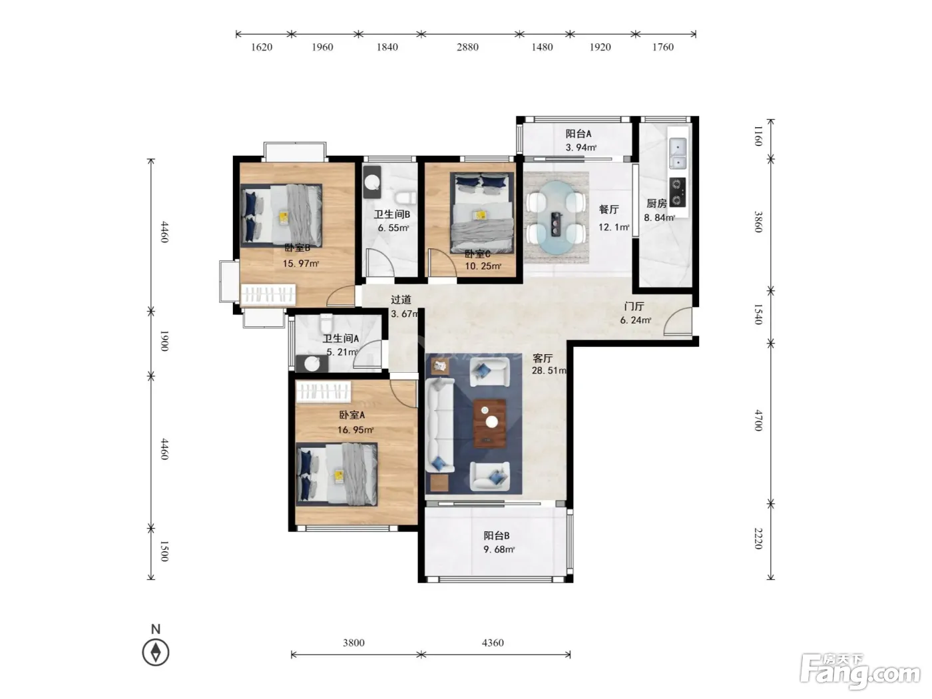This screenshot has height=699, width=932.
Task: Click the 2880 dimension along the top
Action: [467, 47]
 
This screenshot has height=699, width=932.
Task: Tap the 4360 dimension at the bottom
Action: [493, 642]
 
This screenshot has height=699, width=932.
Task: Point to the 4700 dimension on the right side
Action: [758, 420]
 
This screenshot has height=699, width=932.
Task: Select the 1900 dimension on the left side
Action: [164, 341]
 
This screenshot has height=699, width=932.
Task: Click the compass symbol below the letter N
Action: [155, 652]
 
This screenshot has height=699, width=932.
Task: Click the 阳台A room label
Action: [578, 134]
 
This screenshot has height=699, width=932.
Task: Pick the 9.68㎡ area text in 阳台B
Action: [499, 549]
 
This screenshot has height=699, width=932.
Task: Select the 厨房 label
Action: [656, 203]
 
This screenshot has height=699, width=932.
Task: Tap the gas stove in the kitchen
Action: [677, 192]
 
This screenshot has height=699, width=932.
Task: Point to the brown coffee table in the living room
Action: [489, 423]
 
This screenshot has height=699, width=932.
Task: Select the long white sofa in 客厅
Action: [440, 425]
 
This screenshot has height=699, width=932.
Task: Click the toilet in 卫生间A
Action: [326, 324]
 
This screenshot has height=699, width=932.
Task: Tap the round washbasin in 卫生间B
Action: [372, 182]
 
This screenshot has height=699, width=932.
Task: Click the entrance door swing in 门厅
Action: [677, 322]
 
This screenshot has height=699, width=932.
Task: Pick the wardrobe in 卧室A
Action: [324, 391]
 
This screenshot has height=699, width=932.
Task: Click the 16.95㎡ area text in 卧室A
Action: [355, 430]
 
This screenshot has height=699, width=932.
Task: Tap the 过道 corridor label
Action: [401, 300]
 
